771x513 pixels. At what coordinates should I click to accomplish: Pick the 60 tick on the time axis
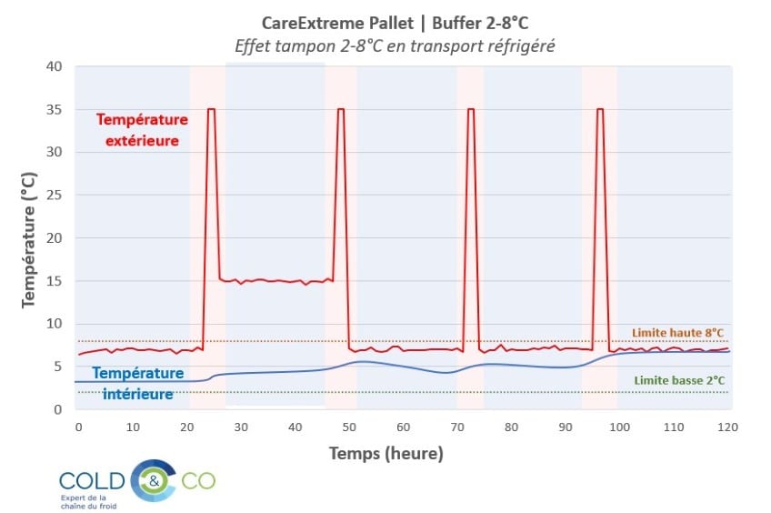(403, 427)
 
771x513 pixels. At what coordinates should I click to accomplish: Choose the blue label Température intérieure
(138, 383)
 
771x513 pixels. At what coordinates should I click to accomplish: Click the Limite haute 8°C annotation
(676, 333)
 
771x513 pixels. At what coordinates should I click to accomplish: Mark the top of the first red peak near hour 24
(211, 109)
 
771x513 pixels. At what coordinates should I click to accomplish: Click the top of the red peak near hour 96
(600, 109)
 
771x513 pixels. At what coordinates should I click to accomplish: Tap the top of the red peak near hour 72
(471, 109)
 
